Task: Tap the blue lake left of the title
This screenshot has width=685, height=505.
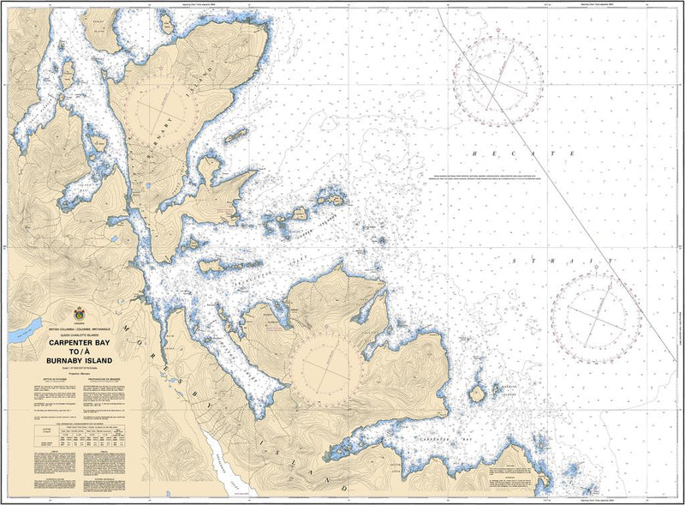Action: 25,326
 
